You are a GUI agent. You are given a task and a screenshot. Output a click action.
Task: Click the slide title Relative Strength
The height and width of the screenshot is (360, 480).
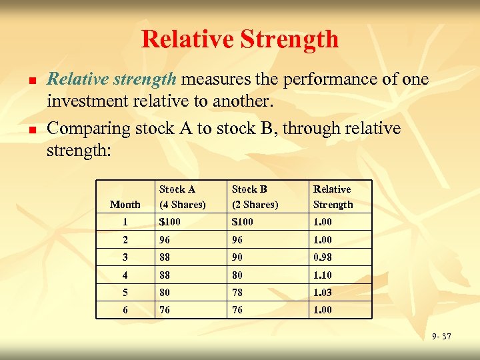(x=240, y=39)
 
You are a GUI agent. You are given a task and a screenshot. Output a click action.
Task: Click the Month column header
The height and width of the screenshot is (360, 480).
(x=125, y=205)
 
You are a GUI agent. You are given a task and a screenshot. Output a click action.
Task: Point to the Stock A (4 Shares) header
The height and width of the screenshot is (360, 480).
(x=181, y=197)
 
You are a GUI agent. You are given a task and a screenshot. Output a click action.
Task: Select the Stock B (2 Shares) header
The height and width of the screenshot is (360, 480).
(x=255, y=197)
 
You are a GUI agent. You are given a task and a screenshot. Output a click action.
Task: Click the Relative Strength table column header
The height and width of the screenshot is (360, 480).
(x=333, y=197)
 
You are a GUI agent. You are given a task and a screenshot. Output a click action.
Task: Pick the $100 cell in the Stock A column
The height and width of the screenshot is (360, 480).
(x=169, y=222)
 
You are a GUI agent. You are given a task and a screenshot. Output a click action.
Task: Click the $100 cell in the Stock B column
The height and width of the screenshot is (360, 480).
(x=243, y=222)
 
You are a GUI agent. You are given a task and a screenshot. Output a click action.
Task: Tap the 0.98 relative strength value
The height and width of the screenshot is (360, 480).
(x=323, y=257)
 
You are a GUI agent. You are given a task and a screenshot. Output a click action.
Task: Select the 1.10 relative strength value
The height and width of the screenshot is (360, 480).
(x=323, y=275)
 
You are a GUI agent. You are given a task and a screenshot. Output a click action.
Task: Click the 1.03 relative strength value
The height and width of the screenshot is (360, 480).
(x=323, y=292)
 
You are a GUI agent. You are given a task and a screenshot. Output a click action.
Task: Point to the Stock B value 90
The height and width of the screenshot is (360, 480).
(x=238, y=257)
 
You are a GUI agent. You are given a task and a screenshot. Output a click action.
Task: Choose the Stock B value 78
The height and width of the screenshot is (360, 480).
(x=238, y=292)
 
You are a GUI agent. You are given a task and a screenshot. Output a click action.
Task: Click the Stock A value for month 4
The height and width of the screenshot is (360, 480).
(x=164, y=275)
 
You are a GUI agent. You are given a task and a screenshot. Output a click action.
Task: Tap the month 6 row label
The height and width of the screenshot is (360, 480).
(x=125, y=310)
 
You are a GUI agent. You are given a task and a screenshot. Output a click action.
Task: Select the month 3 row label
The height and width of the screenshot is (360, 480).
(x=125, y=257)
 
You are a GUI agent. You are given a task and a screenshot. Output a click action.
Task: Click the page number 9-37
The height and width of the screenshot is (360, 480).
(x=441, y=337)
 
